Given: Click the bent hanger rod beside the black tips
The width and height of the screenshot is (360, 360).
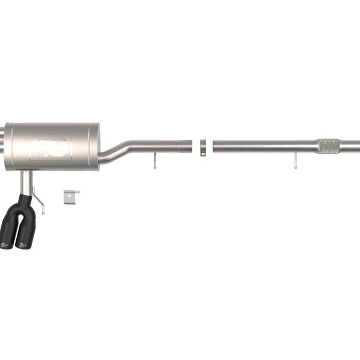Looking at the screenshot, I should click(39, 200).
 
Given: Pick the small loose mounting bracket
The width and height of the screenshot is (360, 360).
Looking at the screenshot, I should click(70, 196).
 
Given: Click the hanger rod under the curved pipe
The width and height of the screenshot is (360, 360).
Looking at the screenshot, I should click(154, 160).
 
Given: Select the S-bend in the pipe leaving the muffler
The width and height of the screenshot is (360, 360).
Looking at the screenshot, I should click(120, 150).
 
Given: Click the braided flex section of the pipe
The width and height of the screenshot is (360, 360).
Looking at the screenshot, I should click(328, 146).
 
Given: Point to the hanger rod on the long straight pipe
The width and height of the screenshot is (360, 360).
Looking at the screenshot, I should click(295, 161).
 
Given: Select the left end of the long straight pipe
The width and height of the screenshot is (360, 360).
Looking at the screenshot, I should click(215, 146).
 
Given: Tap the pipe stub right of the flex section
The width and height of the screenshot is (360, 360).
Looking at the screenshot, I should click(351, 146).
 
